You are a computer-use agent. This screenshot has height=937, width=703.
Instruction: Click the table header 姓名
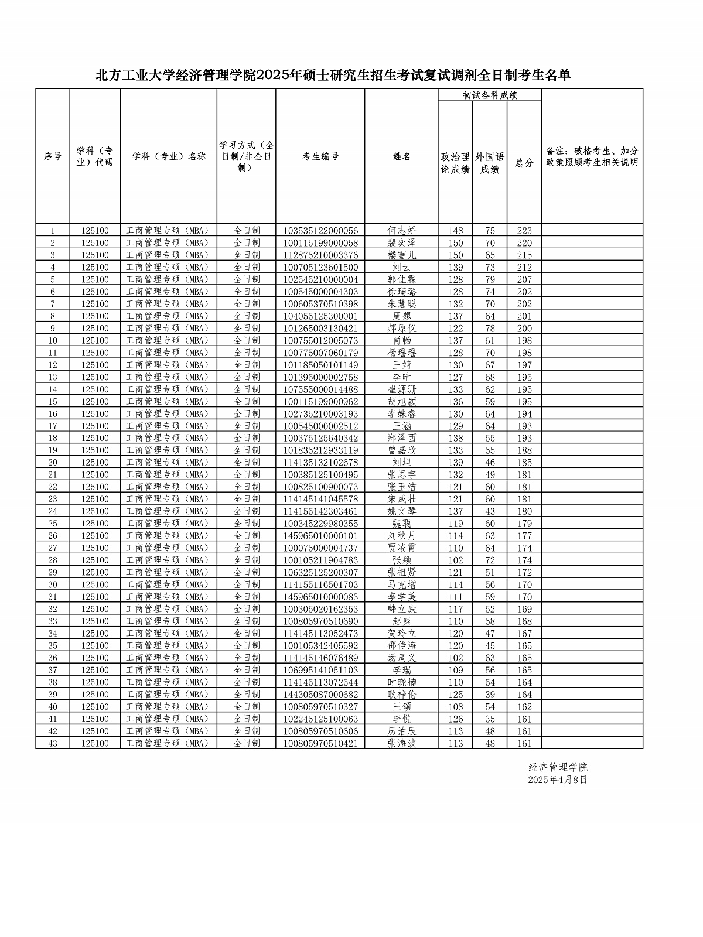click(401, 156)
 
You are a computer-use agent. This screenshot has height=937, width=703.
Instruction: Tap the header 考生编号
click(320, 156)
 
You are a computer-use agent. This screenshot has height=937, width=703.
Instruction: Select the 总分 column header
click(524, 163)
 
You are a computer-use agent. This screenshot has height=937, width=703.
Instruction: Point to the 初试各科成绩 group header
click(490, 95)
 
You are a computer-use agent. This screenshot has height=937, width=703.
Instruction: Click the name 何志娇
click(401, 231)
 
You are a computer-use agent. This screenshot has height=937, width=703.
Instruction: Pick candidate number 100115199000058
click(320, 243)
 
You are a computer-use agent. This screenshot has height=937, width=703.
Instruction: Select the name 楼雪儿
click(401, 255)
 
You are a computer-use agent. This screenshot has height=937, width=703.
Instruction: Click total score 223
click(524, 231)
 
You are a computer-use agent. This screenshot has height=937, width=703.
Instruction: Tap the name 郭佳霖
click(401, 280)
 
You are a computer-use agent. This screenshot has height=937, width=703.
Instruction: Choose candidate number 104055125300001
click(320, 316)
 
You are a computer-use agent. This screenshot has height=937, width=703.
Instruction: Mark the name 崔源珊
click(401, 389)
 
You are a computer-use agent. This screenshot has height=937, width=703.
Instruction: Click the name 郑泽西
click(401, 438)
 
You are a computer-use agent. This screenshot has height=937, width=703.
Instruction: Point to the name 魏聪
click(401, 524)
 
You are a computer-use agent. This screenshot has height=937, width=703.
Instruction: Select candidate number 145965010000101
click(320, 536)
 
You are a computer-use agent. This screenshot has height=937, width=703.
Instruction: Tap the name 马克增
click(401, 584)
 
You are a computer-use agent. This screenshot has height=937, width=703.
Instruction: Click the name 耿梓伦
click(401, 695)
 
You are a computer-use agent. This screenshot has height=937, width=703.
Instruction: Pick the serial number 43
click(53, 743)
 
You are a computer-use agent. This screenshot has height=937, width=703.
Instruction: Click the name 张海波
click(401, 743)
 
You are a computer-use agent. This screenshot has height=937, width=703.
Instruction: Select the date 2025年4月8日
click(557, 779)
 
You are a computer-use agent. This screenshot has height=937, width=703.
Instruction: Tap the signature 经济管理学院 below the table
click(558, 767)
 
